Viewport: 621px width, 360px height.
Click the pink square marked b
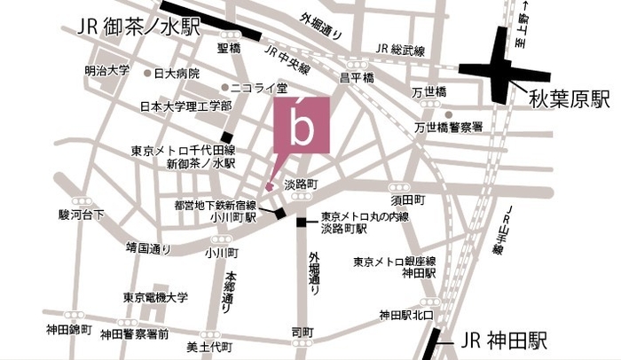[x=302, y=124]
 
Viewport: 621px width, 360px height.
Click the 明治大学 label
[x=107, y=70]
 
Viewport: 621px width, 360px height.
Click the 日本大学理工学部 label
[x=186, y=106]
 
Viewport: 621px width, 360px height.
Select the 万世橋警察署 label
[x=448, y=128]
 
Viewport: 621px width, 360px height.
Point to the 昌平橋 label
[x=354, y=79]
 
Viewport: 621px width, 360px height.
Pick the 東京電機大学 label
[x=156, y=297]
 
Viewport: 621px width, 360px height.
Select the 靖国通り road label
[x=148, y=249]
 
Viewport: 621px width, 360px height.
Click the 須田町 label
[x=410, y=200]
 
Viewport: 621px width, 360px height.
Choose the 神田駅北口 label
[x=405, y=314]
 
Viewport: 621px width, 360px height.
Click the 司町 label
[x=302, y=333]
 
